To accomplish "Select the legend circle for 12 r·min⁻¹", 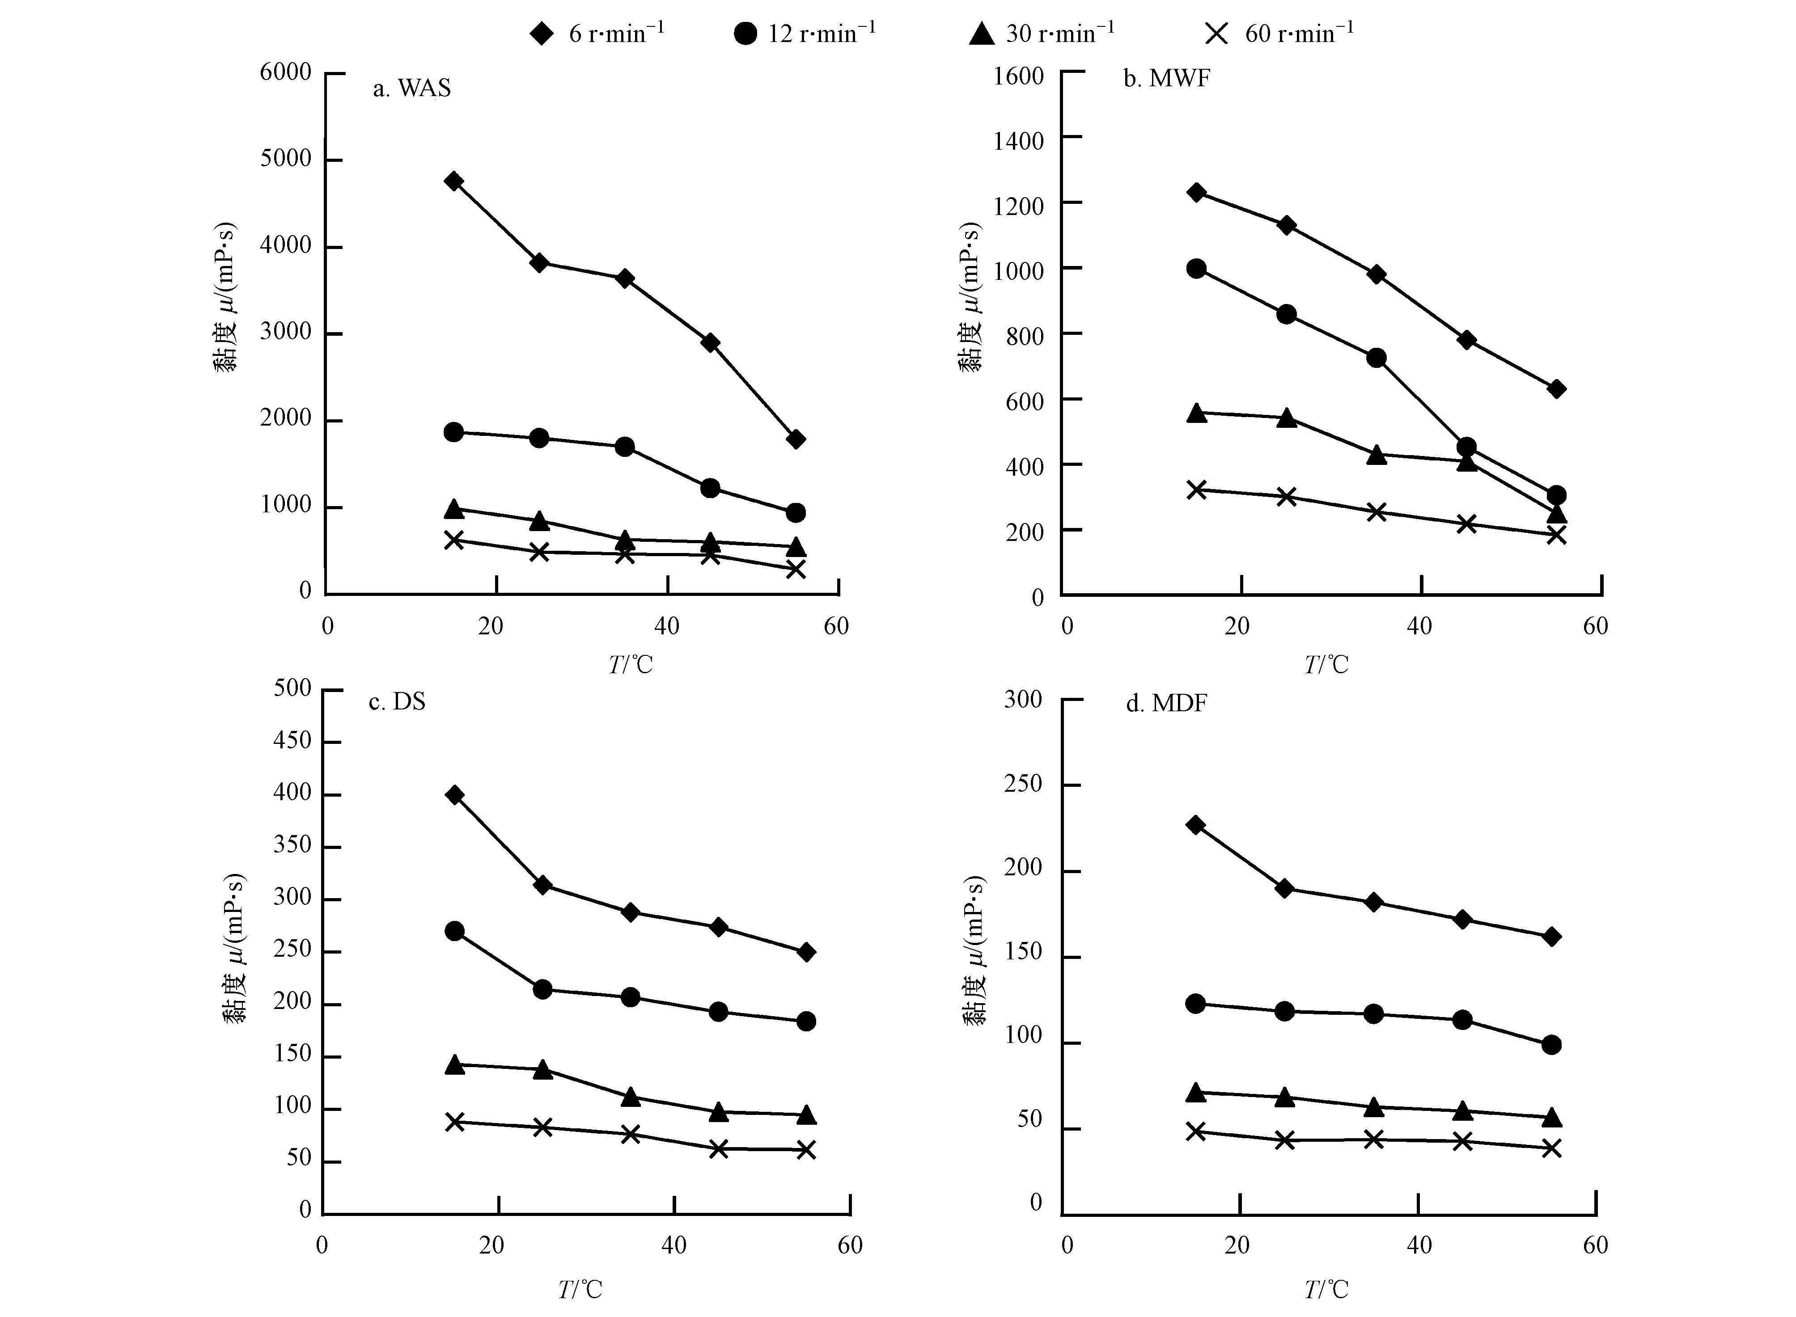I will click(745, 34).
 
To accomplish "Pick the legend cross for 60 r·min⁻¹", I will click(1216, 34).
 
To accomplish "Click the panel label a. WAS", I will click(411, 88).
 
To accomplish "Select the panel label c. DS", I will click(397, 701).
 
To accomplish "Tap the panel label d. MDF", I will click(1166, 703).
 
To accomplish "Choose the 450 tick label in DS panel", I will click(292, 741).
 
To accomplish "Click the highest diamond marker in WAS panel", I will click(454, 181).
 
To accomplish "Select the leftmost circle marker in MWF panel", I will click(1196, 269).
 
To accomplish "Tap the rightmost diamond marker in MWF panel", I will click(1556, 389).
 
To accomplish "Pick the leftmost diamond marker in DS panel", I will click(454, 795).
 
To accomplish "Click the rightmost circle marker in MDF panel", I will click(1551, 1044).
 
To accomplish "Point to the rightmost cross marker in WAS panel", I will click(795, 569).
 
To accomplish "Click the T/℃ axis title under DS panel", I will click(580, 1289).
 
